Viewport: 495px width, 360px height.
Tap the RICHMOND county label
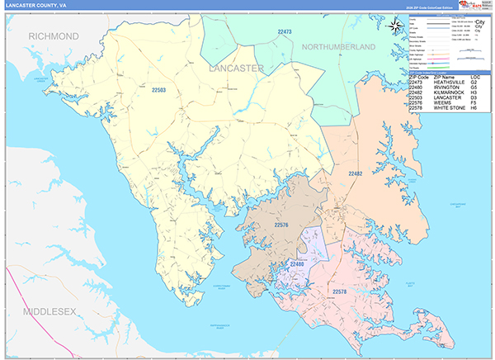[x=54, y=36]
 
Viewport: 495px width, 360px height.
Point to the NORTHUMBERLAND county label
[x=338, y=47]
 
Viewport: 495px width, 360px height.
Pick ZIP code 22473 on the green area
[x=285, y=32]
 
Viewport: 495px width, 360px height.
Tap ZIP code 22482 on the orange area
[x=355, y=174]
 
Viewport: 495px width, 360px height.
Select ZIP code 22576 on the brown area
[x=280, y=225]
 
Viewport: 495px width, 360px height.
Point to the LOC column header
[x=475, y=78]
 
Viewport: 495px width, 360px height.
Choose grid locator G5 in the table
[x=474, y=88]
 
